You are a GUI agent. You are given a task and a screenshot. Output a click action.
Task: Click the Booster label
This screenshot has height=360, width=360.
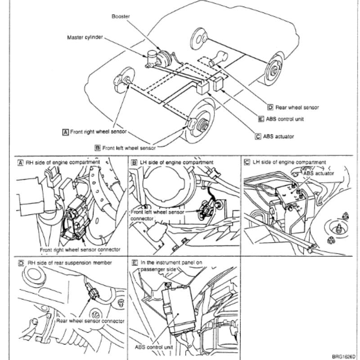point(121,17)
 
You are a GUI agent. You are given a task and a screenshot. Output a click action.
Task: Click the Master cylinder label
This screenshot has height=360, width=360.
point(85,37)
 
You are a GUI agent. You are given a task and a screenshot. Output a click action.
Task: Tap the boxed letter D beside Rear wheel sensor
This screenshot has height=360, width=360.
point(270,107)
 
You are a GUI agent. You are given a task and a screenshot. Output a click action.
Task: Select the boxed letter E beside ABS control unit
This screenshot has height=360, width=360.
point(261,119)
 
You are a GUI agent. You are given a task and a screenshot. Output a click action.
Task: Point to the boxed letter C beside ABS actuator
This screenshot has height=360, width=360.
point(258,137)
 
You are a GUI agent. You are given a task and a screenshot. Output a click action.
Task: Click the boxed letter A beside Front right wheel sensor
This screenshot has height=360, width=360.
point(65,132)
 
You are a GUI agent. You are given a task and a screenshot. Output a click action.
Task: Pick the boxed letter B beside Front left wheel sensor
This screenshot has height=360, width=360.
point(98,148)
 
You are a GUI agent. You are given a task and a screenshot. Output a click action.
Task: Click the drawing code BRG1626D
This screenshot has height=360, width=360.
point(344,356)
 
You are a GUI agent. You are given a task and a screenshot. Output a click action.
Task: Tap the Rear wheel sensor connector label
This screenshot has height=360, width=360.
point(90,321)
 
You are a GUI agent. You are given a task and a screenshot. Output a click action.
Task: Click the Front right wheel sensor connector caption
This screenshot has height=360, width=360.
point(80,250)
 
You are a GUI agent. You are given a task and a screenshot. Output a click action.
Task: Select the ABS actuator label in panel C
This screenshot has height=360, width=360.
point(319,173)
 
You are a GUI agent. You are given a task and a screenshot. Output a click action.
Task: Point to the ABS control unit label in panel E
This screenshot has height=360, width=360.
point(153,347)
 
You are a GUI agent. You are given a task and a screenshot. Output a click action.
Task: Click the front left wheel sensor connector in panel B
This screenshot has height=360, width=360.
point(206,208)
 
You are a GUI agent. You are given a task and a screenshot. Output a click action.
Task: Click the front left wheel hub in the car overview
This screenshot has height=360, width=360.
point(202,125)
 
